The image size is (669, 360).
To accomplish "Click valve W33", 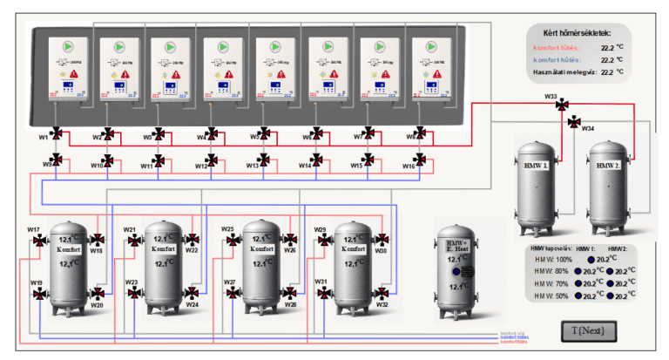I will (561, 105).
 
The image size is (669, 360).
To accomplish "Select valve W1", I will (57, 134).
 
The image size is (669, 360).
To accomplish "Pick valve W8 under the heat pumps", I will (420, 134).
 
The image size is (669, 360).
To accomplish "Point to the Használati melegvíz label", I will (560, 72).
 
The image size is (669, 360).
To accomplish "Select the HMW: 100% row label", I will (552, 259).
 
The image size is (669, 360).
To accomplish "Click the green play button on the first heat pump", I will (68, 45).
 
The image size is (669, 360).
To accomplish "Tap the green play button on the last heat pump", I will (433, 45).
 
